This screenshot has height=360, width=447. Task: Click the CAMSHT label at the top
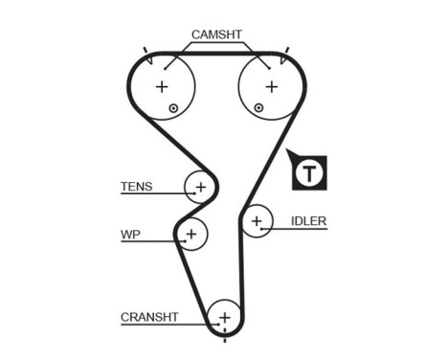pyautogui.click(x=216, y=34)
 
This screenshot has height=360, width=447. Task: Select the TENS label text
pyautogui.click(x=136, y=187)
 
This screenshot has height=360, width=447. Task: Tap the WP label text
pyautogui.click(x=130, y=234)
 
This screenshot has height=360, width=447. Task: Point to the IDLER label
pyautogui.click(x=308, y=221)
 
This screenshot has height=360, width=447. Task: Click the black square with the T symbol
pyautogui.click(x=309, y=173)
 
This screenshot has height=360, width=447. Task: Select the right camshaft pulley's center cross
pyautogui.click(x=272, y=86)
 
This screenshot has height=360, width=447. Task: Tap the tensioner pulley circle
pyautogui.click(x=200, y=186)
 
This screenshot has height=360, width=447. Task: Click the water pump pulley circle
pyautogui.click(x=191, y=233)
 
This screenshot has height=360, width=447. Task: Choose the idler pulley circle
pyautogui.click(x=256, y=222)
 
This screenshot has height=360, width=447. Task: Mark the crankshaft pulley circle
pyautogui.click(x=224, y=315)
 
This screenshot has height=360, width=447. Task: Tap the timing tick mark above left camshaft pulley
pyautogui.click(x=145, y=49)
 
